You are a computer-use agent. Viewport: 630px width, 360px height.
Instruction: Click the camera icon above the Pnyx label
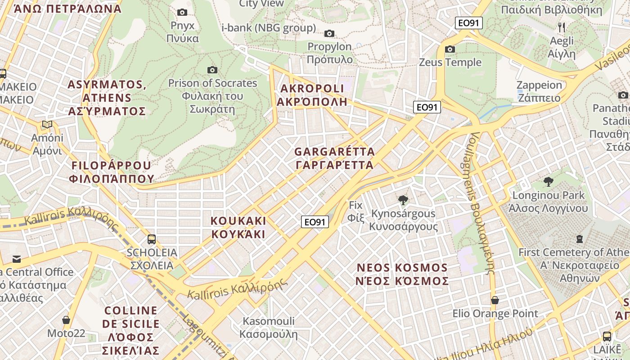pyautogui.click(x=182, y=12)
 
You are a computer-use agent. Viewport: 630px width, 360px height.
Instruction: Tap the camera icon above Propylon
pyautogui.click(x=329, y=33)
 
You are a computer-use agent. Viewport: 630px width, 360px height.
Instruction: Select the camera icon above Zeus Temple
pyautogui.click(x=450, y=49)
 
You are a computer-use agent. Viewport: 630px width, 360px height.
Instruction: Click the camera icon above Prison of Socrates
pyautogui.click(x=212, y=70)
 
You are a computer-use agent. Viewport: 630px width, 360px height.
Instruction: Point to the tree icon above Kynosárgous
pyautogui.click(x=403, y=200)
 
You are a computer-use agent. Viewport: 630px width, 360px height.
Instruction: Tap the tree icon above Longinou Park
pyautogui.click(x=548, y=182)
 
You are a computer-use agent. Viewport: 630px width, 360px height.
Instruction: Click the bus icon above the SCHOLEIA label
pyautogui.click(x=152, y=239)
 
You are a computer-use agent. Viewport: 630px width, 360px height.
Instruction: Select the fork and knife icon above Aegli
pyautogui.click(x=561, y=27)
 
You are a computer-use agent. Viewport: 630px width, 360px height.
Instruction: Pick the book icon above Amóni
pyautogui.click(x=47, y=124)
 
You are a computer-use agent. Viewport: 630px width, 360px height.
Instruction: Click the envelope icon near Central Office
pyautogui.click(x=17, y=259)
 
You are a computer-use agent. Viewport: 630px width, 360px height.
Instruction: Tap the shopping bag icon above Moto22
pyautogui.click(x=66, y=320)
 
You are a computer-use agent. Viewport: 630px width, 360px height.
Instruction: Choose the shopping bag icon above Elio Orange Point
pyautogui.click(x=495, y=300)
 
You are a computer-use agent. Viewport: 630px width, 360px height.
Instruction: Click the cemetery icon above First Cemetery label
pyautogui.click(x=579, y=239)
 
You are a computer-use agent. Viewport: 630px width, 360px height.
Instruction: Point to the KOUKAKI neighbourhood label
pyautogui.click(x=238, y=227)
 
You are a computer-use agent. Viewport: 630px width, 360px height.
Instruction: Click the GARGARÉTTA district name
pyautogui.click(x=334, y=158)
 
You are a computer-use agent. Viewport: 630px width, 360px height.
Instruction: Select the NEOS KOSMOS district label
pyautogui.click(x=402, y=274)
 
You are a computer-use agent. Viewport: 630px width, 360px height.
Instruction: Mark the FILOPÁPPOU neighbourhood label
pyautogui.click(x=112, y=172)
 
